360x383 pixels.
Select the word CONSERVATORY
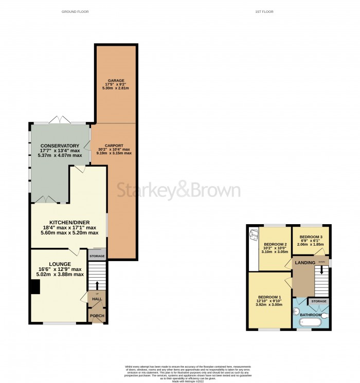61,146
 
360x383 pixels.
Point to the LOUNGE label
60,264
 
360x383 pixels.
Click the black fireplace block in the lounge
34,287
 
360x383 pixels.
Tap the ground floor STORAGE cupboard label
97,256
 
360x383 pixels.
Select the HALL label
96,299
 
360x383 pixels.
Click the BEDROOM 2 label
275,244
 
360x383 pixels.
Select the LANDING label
305,264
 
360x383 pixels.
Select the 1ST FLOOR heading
264,11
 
